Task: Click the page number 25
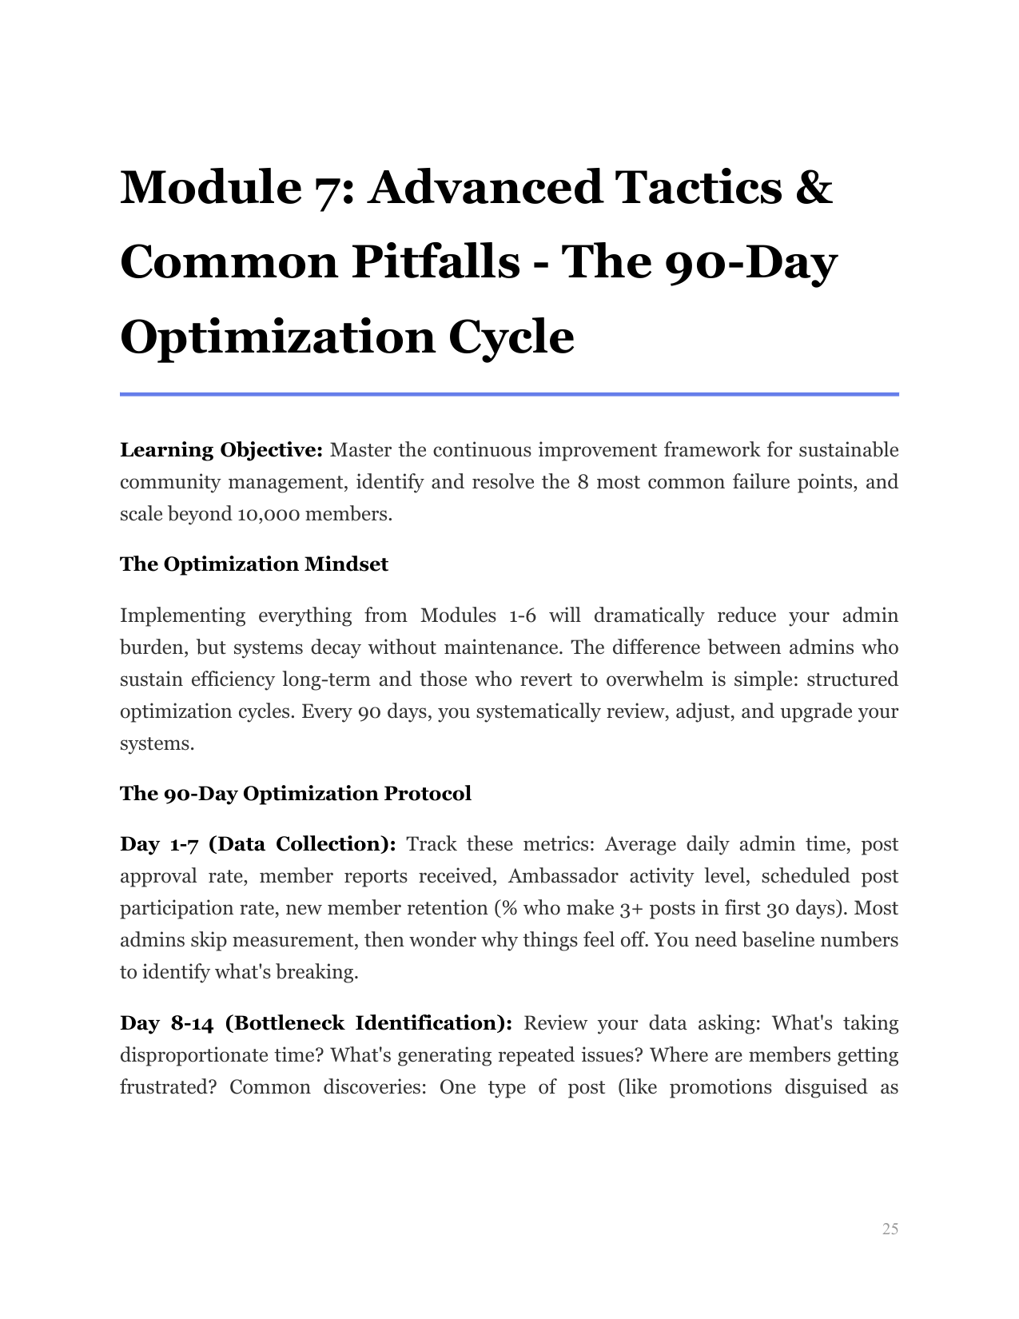coord(890,1229)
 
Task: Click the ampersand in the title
coord(814,187)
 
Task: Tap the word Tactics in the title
coord(698,187)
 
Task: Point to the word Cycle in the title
coord(511,337)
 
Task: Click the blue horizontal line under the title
coord(509,394)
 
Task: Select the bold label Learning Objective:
coord(221,451)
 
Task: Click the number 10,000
coord(269,514)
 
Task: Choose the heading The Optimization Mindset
coord(254,564)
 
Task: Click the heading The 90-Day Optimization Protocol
coord(296,794)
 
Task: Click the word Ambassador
coord(563,877)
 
